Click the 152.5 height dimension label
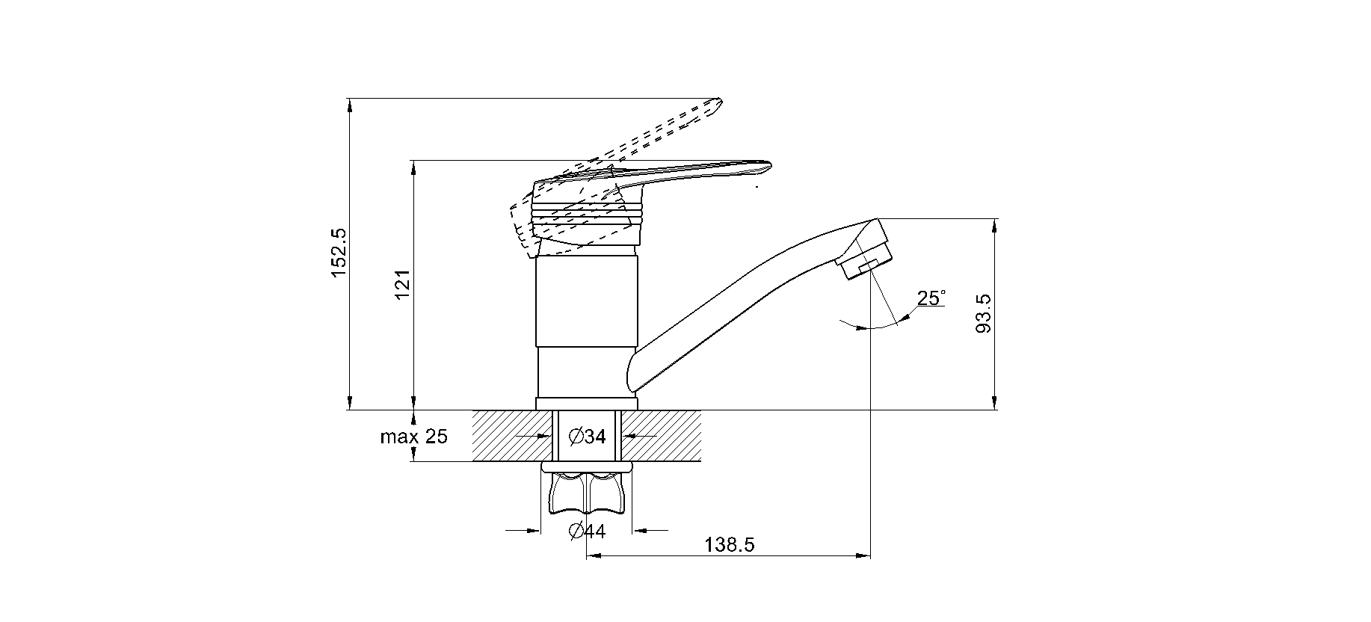click(x=339, y=253)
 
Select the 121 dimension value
click(x=403, y=285)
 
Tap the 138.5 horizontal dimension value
click(x=729, y=545)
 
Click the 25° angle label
click(x=931, y=298)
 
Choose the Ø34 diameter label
click(x=587, y=437)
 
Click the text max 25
click(x=413, y=437)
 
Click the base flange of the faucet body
click(x=587, y=404)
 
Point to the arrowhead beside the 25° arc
click(x=905, y=318)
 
